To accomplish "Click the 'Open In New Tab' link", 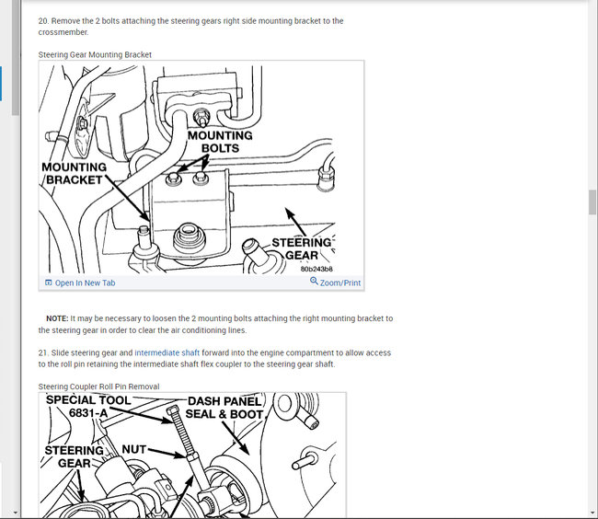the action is (x=80, y=283).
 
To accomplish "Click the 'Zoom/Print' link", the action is (x=336, y=283).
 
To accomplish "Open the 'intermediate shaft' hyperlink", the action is (x=167, y=352).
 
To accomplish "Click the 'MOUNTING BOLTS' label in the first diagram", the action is (x=220, y=142).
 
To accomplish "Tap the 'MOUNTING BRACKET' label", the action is (x=74, y=174).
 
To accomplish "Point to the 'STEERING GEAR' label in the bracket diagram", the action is (x=302, y=249).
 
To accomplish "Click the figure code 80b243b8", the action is (x=316, y=270).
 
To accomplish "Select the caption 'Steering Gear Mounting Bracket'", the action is (x=95, y=55).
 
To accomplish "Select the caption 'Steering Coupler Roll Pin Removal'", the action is (x=98, y=386).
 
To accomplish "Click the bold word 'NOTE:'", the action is (x=57, y=318).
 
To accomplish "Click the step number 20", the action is (x=44, y=21).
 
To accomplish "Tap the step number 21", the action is (x=44, y=352).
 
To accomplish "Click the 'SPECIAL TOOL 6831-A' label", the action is (x=88, y=407).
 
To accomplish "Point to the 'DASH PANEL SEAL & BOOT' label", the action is (x=224, y=408).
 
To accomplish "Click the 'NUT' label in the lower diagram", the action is (x=134, y=450).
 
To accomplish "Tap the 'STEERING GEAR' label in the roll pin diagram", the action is (x=74, y=456).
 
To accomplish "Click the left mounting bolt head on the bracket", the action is (x=174, y=179).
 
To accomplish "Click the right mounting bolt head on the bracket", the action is (x=201, y=178).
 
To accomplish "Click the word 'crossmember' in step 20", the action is (x=63, y=32).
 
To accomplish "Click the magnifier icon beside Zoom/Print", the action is (x=314, y=281).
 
